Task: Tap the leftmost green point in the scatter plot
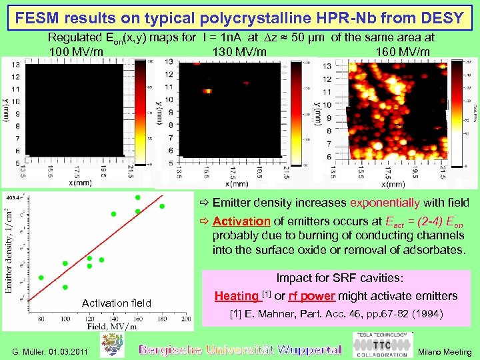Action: (x=41, y=277)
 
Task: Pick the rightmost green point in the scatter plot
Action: (x=162, y=206)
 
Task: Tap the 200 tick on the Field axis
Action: (x=186, y=319)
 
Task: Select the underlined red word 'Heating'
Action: (x=236, y=296)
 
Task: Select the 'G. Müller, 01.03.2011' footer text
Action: (x=50, y=351)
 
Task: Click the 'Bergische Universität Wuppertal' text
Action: (x=239, y=349)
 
